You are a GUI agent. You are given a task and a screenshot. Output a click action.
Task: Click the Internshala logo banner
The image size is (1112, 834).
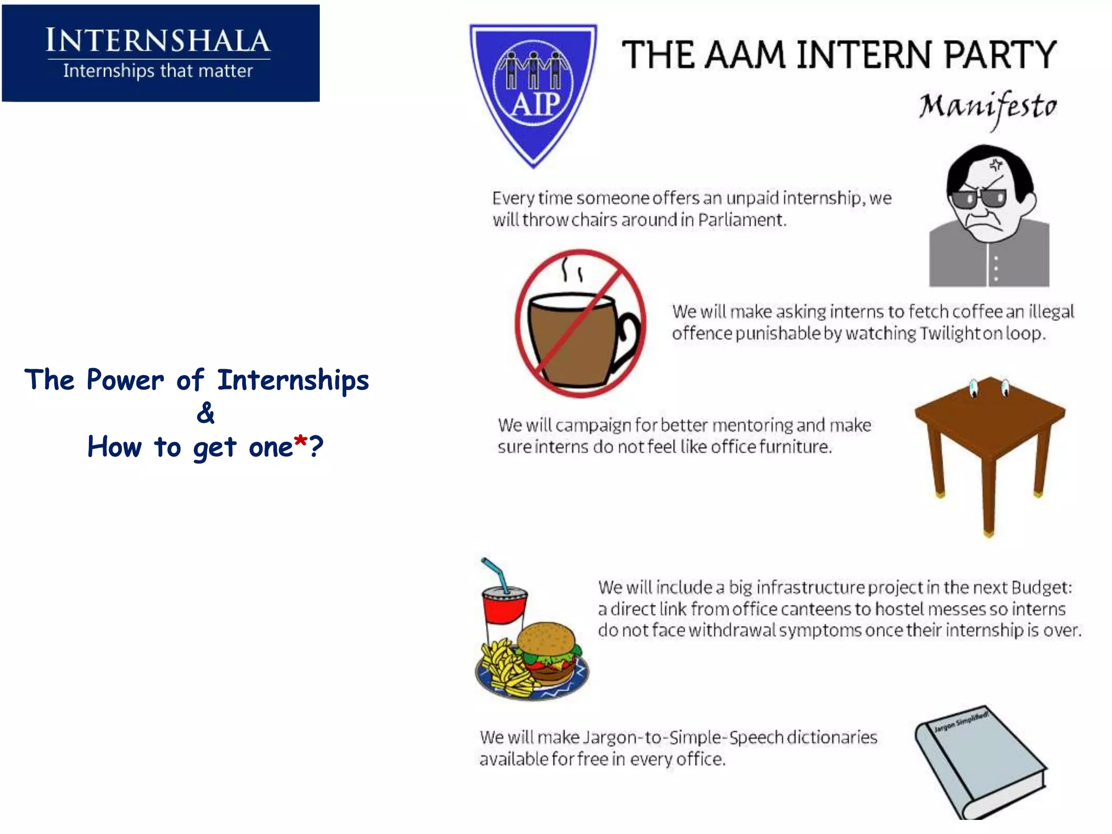point(161,53)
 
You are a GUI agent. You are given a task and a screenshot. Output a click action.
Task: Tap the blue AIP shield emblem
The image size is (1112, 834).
point(533,92)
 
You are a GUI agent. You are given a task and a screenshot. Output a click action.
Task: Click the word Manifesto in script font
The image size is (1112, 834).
point(988,108)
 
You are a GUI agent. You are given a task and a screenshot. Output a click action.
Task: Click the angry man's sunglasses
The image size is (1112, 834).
point(977,199)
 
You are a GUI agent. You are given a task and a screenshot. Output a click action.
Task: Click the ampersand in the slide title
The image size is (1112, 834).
point(205,413)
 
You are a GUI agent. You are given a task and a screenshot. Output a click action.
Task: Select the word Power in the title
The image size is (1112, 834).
point(125,380)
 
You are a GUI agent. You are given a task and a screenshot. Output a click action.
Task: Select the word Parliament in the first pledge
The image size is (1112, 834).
point(742,220)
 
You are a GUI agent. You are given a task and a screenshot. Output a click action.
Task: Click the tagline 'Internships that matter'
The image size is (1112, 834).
point(158,71)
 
